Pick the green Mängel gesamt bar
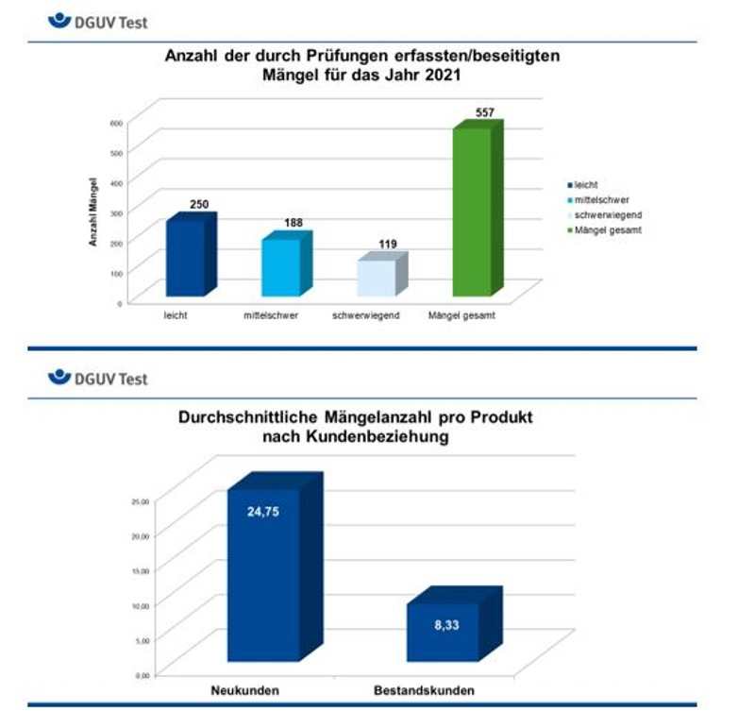471,212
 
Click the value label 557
485,112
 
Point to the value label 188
294,223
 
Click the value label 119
387,245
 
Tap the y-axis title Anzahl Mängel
93,211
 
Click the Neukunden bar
263,576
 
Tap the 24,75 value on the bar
263,513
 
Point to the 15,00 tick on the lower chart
140,570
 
